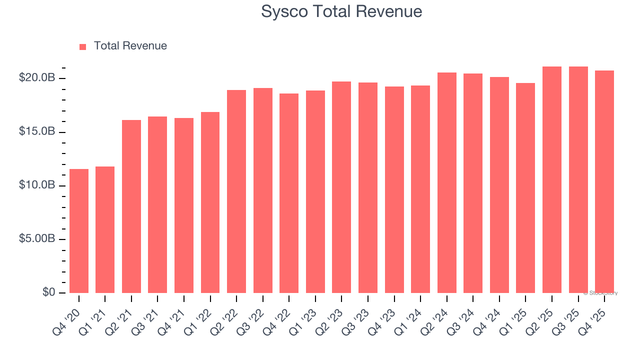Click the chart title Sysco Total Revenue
[x=341, y=11]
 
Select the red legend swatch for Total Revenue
[x=82, y=46]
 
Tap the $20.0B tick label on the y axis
[x=36, y=78]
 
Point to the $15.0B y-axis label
[x=36, y=131]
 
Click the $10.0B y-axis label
[x=36, y=185]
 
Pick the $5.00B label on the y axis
[x=36, y=238]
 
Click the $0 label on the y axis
[x=48, y=292]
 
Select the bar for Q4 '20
[x=79, y=231]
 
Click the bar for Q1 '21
[x=105, y=230]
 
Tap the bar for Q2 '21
[x=131, y=206]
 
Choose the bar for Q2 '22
[x=236, y=191]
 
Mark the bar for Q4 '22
[x=289, y=193]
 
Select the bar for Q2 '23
[x=341, y=187]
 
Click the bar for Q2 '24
[x=447, y=183]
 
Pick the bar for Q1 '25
[x=525, y=188]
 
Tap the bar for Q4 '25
[x=604, y=182]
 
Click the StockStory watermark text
[x=600, y=293]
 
